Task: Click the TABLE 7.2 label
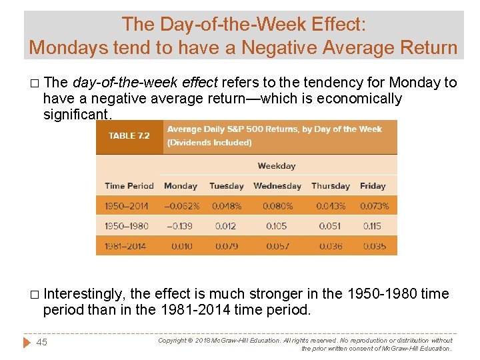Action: (x=129, y=135)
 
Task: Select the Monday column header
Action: (x=180, y=186)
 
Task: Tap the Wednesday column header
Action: (x=277, y=186)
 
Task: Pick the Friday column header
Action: (x=373, y=186)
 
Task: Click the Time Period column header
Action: (x=129, y=186)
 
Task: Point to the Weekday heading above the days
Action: (x=277, y=166)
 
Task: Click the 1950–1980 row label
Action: (x=127, y=226)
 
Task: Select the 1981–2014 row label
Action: (x=126, y=246)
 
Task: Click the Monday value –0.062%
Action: (x=182, y=206)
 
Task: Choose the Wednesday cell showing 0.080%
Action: (x=278, y=206)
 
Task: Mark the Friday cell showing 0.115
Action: (x=373, y=226)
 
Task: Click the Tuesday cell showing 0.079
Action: (x=226, y=246)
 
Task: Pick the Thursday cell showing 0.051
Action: (x=330, y=226)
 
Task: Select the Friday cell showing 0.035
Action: (x=374, y=246)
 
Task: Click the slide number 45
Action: (x=41, y=342)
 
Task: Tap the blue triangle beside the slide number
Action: (x=27, y=342)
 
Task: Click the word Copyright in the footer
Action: (x=174, y=340)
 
